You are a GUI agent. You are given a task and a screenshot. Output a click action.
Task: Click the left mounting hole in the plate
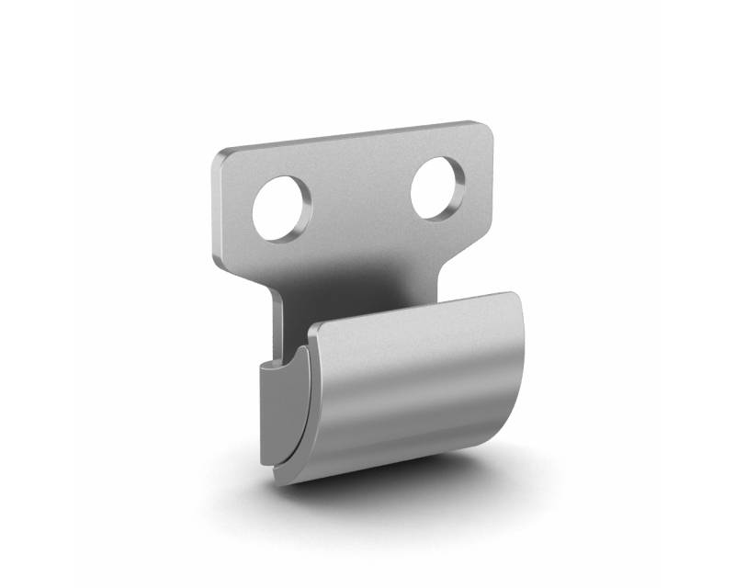pos(283,208)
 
